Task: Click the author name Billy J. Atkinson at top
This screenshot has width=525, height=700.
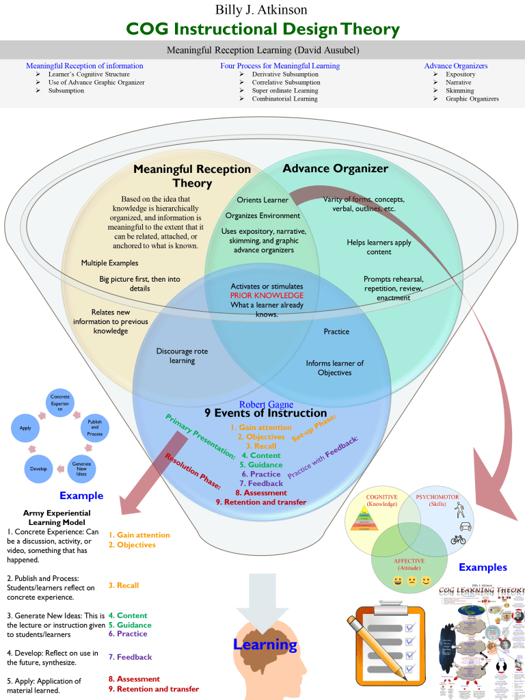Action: click(262, 10)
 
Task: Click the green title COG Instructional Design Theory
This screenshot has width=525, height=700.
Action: click(262, 29)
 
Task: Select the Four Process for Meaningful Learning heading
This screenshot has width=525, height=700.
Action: click(280, 66)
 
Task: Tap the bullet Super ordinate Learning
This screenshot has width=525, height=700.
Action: click(285, 90)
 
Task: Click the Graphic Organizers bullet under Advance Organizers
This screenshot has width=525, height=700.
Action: click(472, 98)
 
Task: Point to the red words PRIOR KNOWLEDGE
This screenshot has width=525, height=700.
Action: click(267, 295)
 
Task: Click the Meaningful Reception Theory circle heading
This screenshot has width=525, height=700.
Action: click(192, 176)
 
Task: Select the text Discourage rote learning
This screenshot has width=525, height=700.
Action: click(182, 355)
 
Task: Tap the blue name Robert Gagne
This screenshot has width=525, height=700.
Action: click(267, 405)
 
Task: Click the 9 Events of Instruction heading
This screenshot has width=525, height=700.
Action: click(266, 413)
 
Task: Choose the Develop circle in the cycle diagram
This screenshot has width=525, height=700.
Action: click(38, 469)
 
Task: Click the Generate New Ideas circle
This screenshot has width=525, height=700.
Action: click(81, 469)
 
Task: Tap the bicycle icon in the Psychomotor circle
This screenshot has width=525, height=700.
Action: click(459, 539)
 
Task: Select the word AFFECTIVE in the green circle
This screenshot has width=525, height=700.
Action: click(409, 561)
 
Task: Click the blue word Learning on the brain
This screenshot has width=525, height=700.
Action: click(265, 644)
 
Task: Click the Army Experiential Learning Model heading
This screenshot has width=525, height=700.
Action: click(57, 517)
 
